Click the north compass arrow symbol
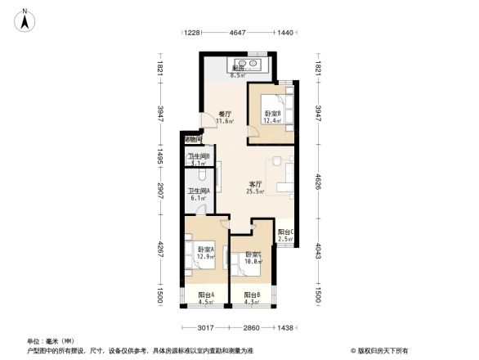tap(26, 19)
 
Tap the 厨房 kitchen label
tap(236, 72)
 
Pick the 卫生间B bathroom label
tap(199, 160)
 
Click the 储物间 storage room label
tap(193, 139)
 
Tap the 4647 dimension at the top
tap(238, 33)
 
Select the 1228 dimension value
tap(191, 33)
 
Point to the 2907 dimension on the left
tap(161, 194)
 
